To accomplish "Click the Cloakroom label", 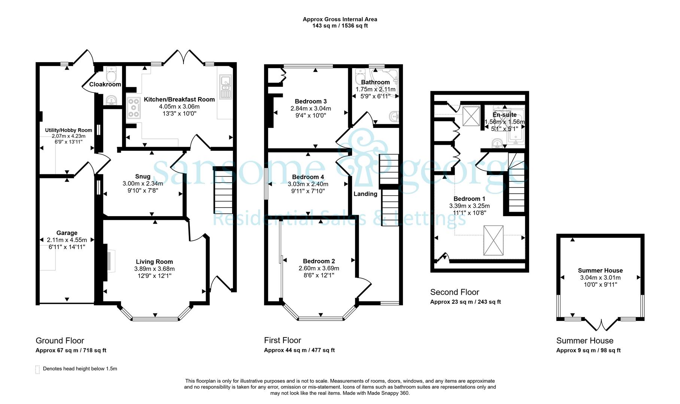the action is click(105, 85).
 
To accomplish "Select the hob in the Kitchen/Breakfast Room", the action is click(134, 108).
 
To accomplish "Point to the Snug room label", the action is click(143, 177).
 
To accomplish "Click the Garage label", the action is click(67, 233).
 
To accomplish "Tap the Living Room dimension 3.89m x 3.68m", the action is click(154, 269).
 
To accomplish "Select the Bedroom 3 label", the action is click(311, 101).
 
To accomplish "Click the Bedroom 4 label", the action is click(308, 177).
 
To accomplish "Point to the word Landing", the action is click(365, 194).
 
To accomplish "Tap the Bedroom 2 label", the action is click(319, 261).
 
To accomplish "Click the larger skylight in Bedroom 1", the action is click(493, 241).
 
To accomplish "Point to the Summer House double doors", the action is click(601, 325).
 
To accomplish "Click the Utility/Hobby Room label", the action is click(69, 130).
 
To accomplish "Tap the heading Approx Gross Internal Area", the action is click(340, 19).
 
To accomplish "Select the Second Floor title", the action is click(455, 292).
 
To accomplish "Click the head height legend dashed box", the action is click(37, 370).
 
